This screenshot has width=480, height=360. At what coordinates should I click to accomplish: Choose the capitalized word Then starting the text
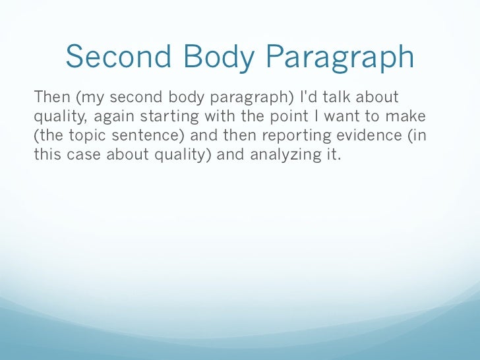coord(51,98)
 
